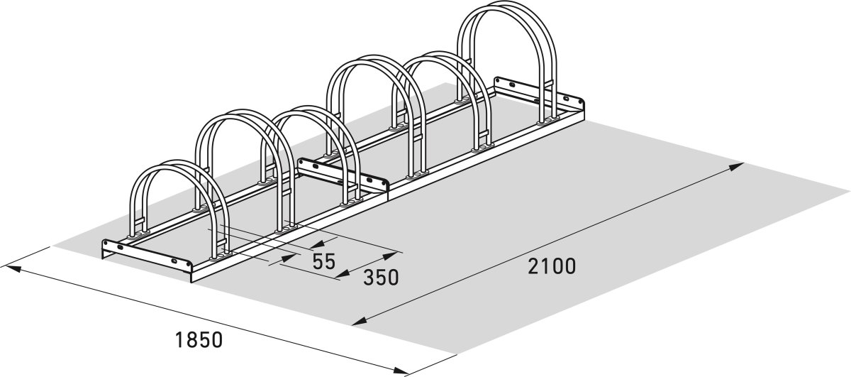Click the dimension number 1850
point(199,339)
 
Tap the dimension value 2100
point(552,266)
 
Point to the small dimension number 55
point(323,261)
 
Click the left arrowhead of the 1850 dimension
point(10,268)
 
